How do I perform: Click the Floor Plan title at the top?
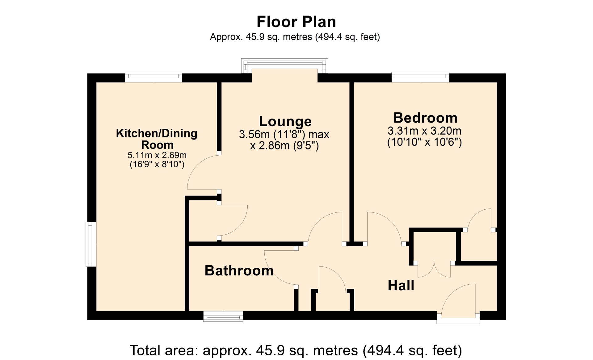pos(296,22)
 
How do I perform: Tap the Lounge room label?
pos(285,121)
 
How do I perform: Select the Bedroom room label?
pos(425,118)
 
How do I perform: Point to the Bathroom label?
pos(239,271)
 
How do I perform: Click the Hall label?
pos(401,286)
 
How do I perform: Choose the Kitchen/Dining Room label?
pos(157,139)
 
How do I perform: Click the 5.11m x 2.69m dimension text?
pos(157,155)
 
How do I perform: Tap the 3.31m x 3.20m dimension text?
pos(424,131)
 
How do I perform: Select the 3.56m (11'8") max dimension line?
pos(284,134)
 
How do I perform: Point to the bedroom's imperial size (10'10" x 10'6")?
pos(424,142)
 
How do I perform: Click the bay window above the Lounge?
pos(284,66)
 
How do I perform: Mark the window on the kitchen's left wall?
pos(91,244)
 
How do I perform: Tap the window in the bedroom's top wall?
pos(420,77)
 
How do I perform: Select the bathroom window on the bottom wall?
pos(223,316)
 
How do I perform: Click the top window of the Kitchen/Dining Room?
pos(154,77)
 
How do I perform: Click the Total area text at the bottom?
pos(296,350)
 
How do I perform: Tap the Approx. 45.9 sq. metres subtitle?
pos(295,37)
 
